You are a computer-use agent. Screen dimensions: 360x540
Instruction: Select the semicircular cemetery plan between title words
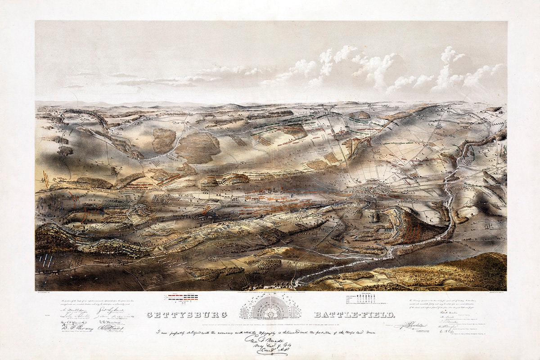click(x=270, y=310)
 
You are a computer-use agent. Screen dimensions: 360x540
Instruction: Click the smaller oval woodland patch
click(x=163, y=140)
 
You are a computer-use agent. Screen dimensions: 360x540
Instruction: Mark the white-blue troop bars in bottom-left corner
click(x=46, y=261)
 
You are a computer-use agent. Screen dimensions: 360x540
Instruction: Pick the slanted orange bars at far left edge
click(x=45, y=177)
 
